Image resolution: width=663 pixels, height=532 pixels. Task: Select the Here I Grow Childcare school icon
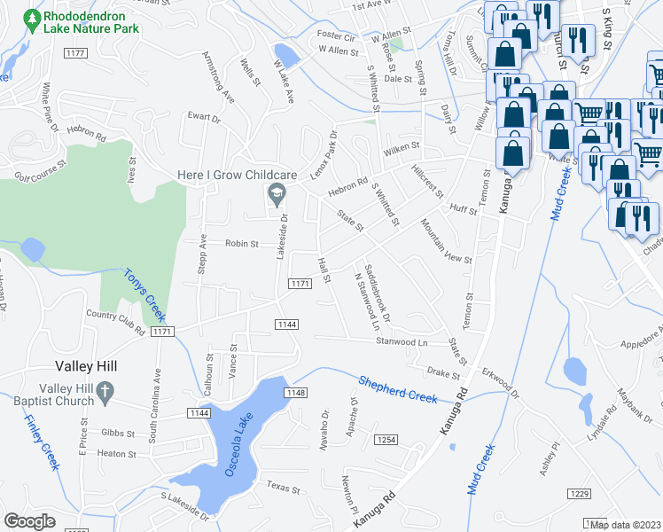(x=276, y=192)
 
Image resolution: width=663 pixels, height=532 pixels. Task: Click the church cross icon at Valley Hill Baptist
(x=104, y=390)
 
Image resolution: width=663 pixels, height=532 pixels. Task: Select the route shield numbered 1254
(x=386, y=440)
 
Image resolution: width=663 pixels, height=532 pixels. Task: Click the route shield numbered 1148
(x=295, y=393)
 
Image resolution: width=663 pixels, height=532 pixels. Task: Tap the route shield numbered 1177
(x=75, y=54)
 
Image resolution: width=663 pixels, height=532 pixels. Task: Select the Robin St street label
(x=241, y=244)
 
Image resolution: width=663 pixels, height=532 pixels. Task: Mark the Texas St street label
(x=285, y=487)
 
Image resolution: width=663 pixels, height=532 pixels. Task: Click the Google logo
(x=30, y=520)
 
